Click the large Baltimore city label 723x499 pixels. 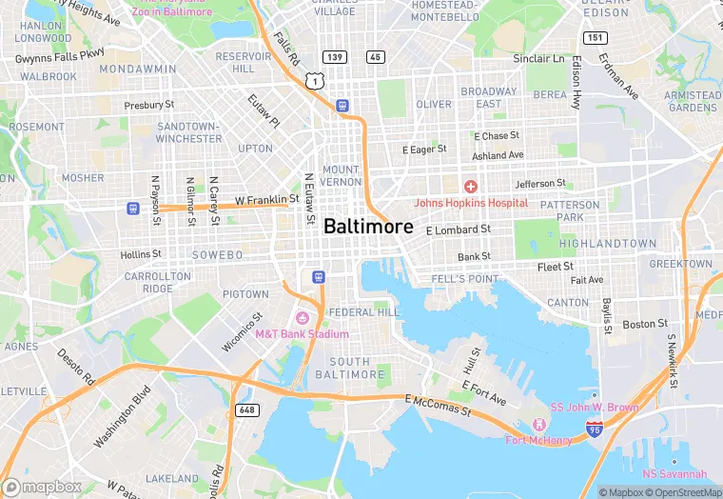368,227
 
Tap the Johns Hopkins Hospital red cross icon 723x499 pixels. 470,187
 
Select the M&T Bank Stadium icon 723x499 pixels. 303,318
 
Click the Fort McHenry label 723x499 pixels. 538,440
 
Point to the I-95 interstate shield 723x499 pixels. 594,430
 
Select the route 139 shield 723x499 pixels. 333,57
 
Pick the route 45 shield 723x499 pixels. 376,57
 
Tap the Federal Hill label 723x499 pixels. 364,312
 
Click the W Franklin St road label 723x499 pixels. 267,200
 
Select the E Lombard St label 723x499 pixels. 458,230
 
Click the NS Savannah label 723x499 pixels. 674,474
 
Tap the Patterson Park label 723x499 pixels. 570,210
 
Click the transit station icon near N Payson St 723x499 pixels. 132,208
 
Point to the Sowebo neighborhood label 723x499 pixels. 217,255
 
